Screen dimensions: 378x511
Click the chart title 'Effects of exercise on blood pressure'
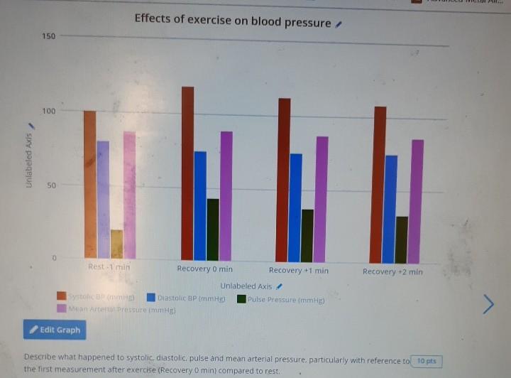coord(232,21)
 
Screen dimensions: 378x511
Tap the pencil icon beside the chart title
coord(339,24)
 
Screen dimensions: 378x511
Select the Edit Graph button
coord(53,330)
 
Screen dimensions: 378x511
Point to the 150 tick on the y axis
coord(48,36)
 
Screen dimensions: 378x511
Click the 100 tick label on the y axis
coord(48,111)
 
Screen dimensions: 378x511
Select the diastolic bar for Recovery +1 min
coord(295,207)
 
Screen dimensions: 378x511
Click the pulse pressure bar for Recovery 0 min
coord(213,229)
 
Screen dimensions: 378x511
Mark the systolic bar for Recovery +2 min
coord(380,185)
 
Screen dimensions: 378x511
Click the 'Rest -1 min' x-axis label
coord(109,267)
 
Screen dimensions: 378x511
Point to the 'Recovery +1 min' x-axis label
coord(298,271)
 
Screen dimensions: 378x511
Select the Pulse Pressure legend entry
coord(281,300)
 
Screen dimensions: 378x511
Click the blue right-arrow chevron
coord(488,303)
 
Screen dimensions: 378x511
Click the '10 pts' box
coord(426,362)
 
